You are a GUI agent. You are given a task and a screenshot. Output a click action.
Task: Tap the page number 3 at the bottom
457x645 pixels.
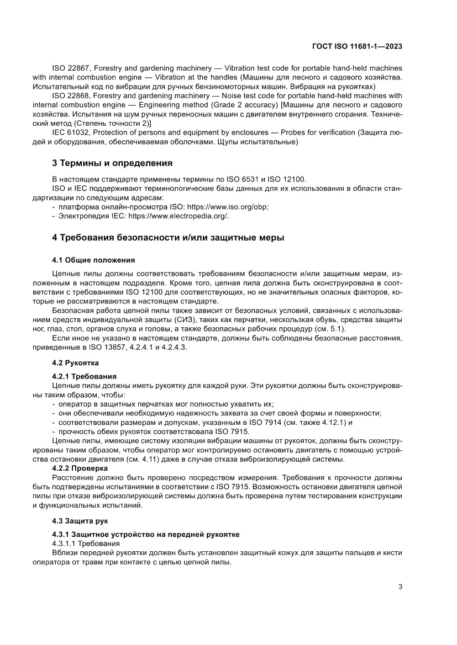(x=400, y=587)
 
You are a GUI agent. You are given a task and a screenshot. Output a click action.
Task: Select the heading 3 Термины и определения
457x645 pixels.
(x=112, y=163)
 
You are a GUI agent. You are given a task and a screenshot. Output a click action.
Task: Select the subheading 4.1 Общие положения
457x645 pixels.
(x=93, y=259)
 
